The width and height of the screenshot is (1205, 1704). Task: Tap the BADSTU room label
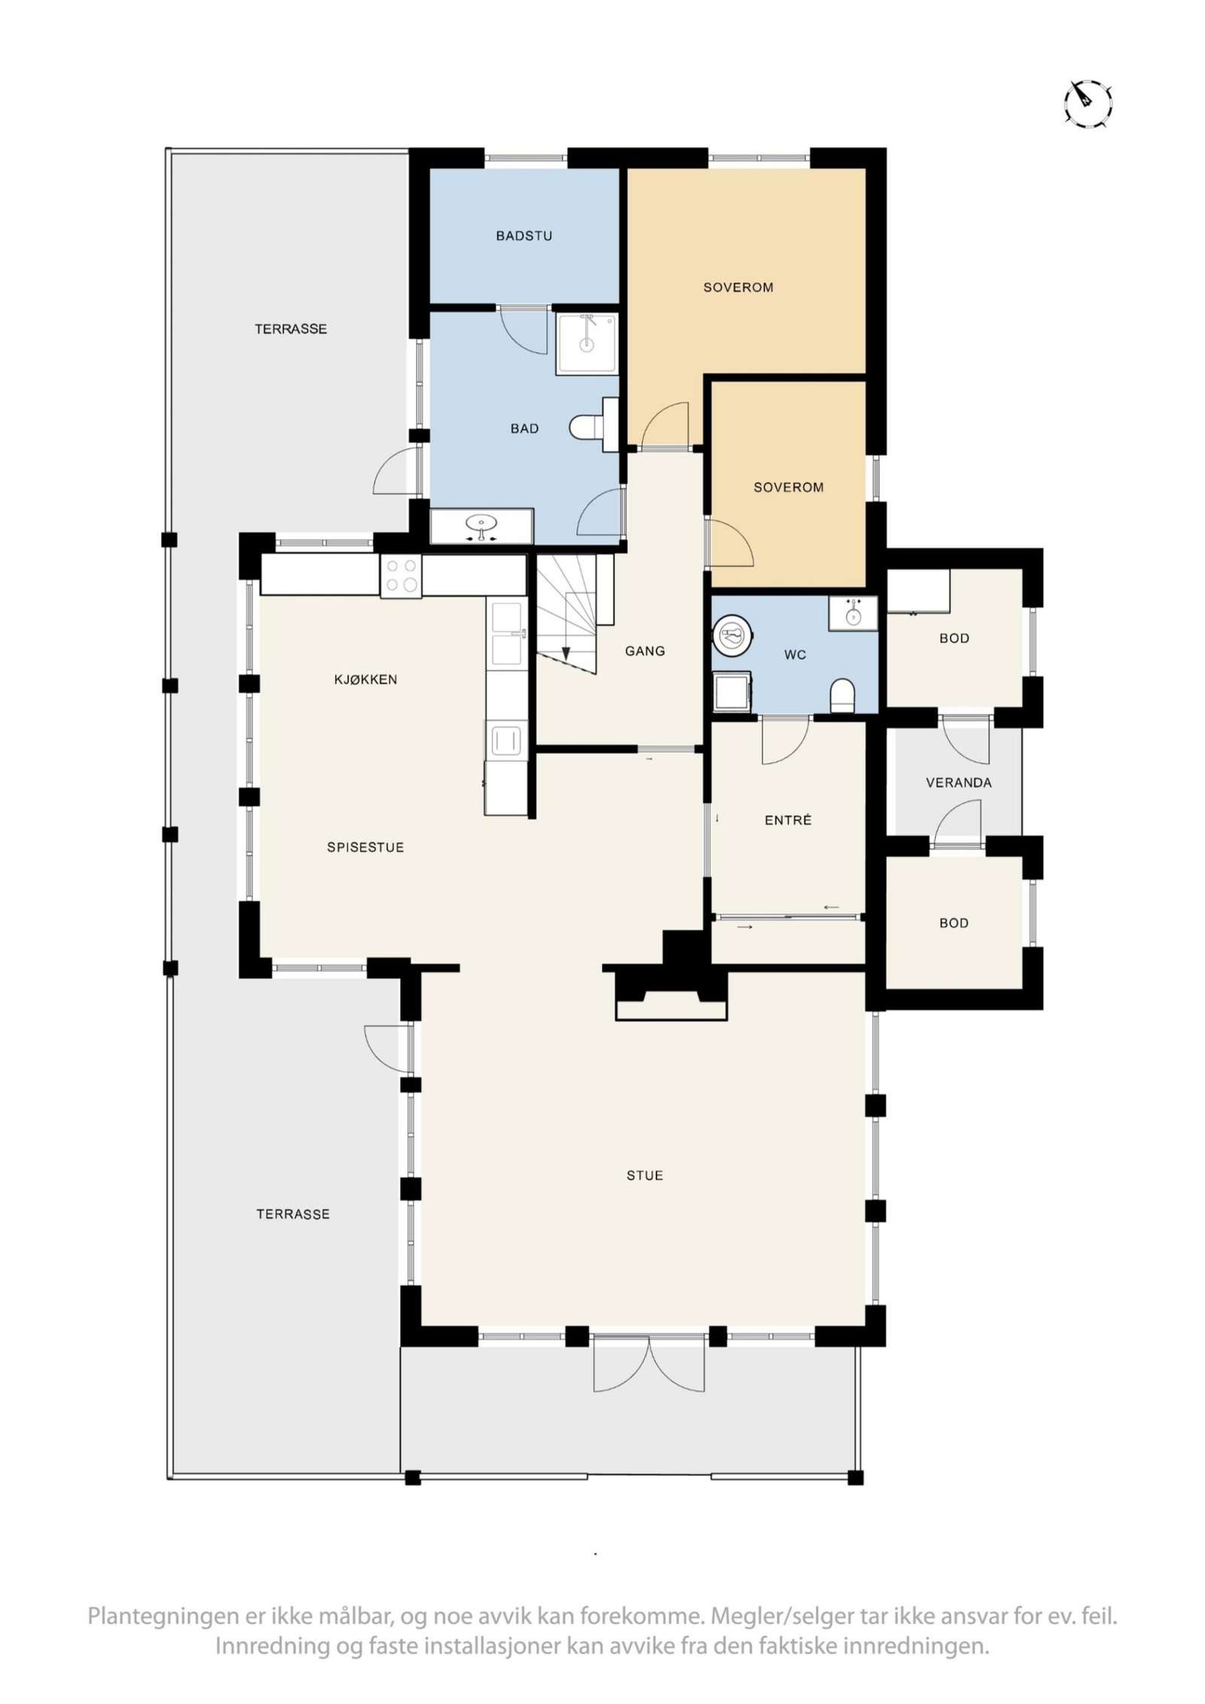[x=523, y=236]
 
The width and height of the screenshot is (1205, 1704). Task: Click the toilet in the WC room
[x=843, y=695]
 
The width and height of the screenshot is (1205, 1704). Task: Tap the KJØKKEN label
[x=365, y=679]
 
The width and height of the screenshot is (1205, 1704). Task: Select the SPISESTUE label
[x=365, y=847]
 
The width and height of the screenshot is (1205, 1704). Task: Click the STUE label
[x=645, y=1175]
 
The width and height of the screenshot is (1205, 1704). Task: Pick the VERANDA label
[x=958, y=782]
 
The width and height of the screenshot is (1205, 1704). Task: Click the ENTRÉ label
[x=788, y=820]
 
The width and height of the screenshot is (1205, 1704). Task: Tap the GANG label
[x=645, y=651]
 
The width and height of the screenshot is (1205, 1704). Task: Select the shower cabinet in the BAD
[x=586, y=343]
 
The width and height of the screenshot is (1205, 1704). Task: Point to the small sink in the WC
[x=853, y=614]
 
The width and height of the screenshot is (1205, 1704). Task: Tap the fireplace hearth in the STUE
[x=671, y=1009]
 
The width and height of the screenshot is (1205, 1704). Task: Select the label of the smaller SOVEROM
[x=788, y=487]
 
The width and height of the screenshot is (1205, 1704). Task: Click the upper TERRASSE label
[x=290, y=329]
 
